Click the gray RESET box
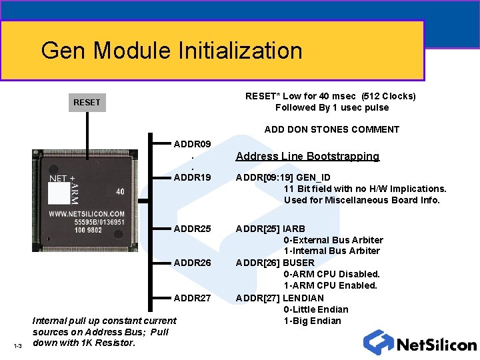(x=87, y=103)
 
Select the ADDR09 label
(x=192, y=144)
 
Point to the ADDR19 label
(x=192, y=178)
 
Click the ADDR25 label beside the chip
(x=192, y=229)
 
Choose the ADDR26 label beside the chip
(x=192, y=263)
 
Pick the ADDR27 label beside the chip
(x=192, y=297)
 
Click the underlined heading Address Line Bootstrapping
(x=307, y=157)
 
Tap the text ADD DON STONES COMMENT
(x=331, y=129)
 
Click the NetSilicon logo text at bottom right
(x=436, y=345)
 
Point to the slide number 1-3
(x=17, y=345)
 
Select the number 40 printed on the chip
(x=120, y=192)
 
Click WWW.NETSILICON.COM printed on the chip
(x=86, y=214)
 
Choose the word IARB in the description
(x=294, y=229)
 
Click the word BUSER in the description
(x=298, y=263)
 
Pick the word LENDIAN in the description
(x=303, y=297)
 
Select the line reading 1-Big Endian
(x=312, y=321)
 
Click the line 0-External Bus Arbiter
(x=333, y=240)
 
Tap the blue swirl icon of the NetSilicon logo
(x=378, y=342)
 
